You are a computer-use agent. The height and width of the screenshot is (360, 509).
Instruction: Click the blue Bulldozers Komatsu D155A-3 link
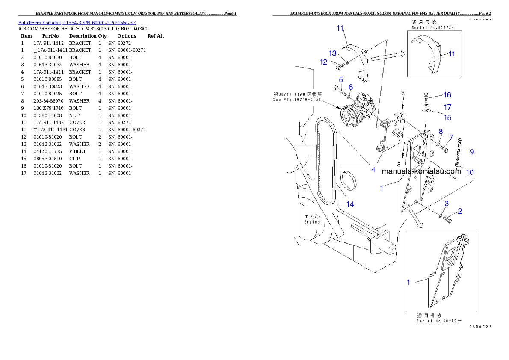(77, 23)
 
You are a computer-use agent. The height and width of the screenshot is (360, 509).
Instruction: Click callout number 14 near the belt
(350, 204)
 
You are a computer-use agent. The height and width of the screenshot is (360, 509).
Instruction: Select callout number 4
(373, 170)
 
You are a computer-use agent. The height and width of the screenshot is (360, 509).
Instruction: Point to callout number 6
(351, 87)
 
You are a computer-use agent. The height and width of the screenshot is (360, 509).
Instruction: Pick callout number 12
(323, 62)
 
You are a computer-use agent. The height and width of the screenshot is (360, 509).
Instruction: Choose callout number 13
(333, 53)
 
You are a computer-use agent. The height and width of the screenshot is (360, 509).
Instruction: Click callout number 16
(447, 95)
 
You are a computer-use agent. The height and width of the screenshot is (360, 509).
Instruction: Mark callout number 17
(447, 106)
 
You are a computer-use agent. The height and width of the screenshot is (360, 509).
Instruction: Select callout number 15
(447, 117)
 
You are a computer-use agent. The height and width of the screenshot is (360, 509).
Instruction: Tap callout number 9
(471, 151)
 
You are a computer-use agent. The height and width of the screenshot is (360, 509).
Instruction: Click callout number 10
(470, 172)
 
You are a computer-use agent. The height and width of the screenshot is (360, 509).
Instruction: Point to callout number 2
(460, 210)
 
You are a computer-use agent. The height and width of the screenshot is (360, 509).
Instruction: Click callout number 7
(450, 137)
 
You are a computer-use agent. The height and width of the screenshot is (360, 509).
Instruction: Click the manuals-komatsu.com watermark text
(421, 171)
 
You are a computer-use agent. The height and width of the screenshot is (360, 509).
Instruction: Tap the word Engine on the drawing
(312, 222)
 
